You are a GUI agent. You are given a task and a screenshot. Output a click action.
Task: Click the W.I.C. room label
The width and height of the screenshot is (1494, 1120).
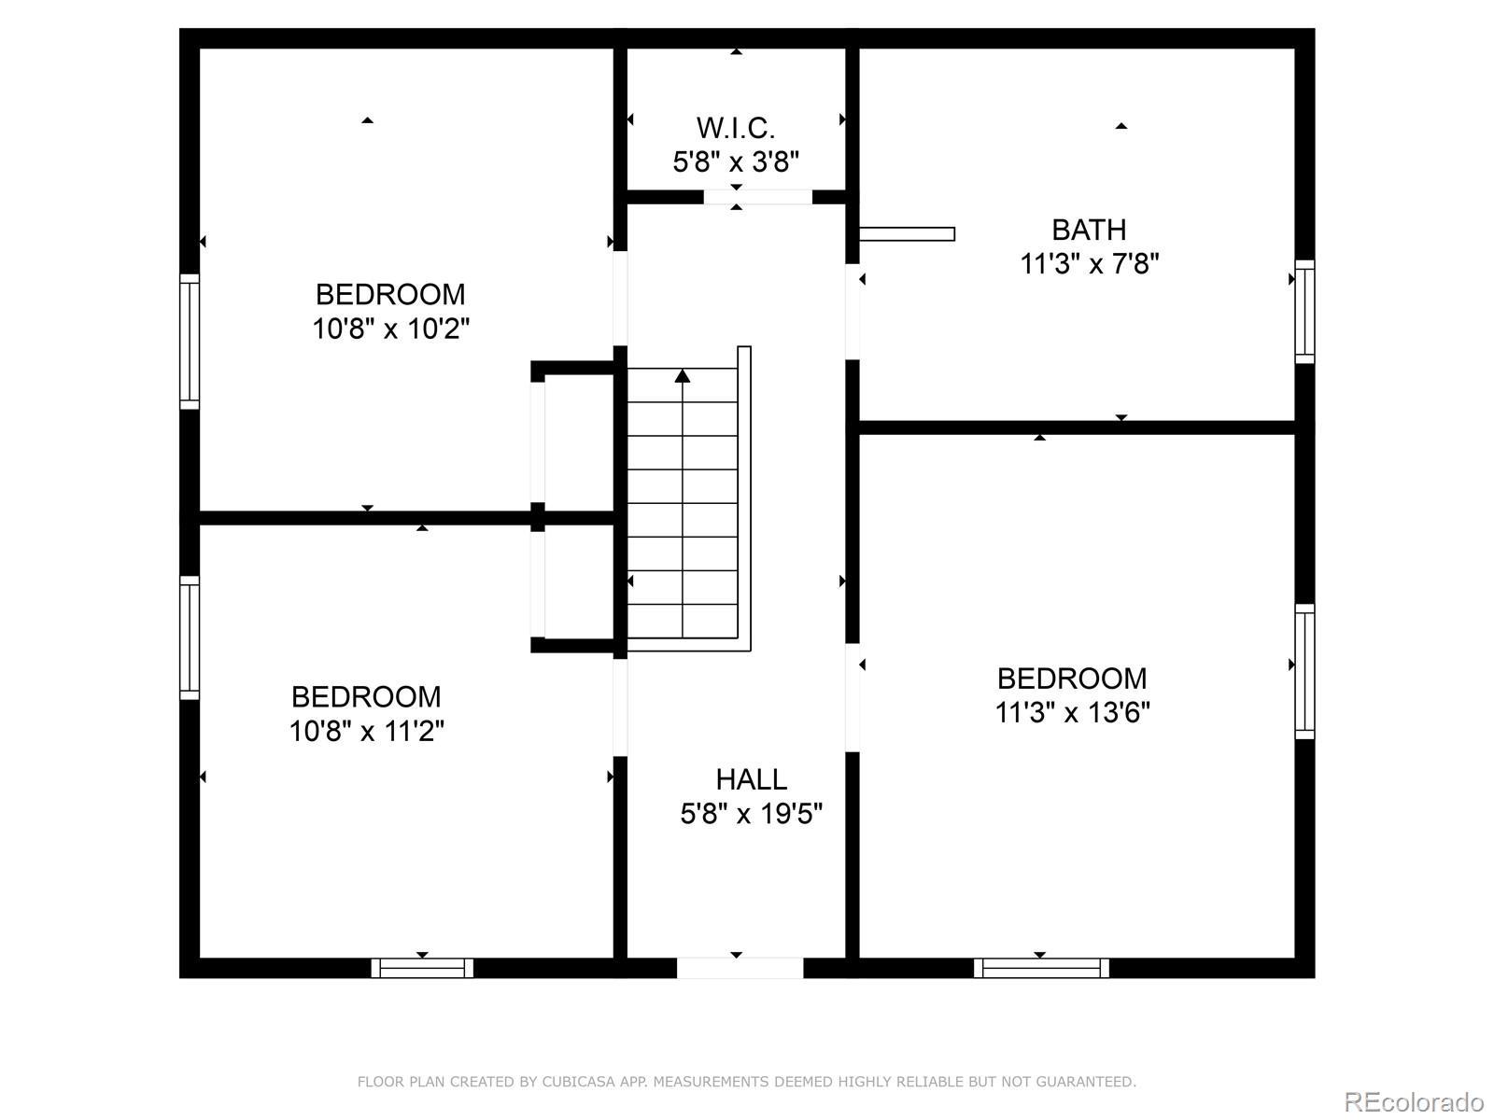click(x=735, y=128)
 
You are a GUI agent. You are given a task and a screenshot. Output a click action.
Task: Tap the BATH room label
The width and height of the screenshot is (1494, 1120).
click(x=1089, y=230)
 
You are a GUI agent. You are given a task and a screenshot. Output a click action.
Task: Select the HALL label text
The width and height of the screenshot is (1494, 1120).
click(x=752, y=779)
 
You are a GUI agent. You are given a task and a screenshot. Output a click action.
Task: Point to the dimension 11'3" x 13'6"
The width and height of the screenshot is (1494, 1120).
click(x=1073, y=713)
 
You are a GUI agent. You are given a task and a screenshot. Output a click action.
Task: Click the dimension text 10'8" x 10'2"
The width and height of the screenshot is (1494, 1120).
click(x=390, y=329)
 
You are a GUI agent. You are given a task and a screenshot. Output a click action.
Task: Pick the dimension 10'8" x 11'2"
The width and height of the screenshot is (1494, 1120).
click(x=367, y=731)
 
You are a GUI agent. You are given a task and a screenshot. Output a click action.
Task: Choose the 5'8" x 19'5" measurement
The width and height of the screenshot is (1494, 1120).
click(x=752, y=813)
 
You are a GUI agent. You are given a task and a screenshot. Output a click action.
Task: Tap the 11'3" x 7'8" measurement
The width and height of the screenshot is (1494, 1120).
click(x=1089, y=263)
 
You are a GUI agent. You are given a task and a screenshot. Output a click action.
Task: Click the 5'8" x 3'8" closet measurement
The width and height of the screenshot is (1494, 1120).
click(x=736, y=161)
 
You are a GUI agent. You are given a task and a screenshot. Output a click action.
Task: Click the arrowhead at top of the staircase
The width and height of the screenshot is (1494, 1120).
click(x=683, y=375)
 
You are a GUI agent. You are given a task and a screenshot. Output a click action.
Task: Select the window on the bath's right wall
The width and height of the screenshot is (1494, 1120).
click(x=1304, y=312)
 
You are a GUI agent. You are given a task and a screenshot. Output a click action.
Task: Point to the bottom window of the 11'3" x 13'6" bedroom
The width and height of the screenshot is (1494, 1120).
click(x=1041, y=968)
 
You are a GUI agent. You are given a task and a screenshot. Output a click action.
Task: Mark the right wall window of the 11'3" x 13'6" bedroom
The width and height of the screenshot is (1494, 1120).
click(x=1304, y=671)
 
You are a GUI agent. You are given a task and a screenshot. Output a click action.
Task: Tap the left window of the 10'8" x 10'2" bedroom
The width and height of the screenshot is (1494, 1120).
click(x=190, y=342)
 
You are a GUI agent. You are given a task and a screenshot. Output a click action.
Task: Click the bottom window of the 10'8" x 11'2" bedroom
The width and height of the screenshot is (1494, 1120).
click(x=422, y=968)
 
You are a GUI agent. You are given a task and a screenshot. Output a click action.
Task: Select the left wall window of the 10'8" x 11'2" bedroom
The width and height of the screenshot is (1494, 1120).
click(x=190, y=637)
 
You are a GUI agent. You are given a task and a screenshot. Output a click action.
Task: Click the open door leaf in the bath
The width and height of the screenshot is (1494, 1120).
click(x=907, y=234)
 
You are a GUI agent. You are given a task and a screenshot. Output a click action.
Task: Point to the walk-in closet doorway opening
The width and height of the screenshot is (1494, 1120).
click(x=757, y=197)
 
